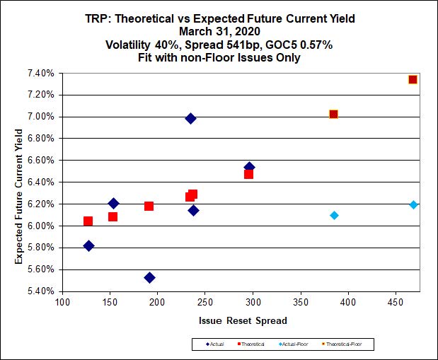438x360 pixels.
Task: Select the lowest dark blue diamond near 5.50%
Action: [x=149, y=278]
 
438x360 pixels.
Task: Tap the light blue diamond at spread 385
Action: [x=334, y=215]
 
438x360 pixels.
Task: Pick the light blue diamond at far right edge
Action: [x=413, y=204]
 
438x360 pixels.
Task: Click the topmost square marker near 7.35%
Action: [x=413, y=79]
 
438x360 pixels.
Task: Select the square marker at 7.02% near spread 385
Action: [x=333, y=114]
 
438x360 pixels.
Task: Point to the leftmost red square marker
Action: [x=88, y=221]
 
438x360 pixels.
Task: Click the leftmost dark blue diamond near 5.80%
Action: [x=88, y=246]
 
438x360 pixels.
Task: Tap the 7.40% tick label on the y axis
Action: [x=40, y=73]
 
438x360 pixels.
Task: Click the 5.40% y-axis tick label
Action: [x=40, y=291]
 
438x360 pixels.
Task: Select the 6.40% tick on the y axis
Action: [x=40, y=182]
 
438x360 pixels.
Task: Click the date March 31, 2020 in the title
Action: [x=219, y=31]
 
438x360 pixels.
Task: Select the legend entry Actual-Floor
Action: [x=298, y=344]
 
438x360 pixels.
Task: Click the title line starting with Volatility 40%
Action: [x=219, y=45]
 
